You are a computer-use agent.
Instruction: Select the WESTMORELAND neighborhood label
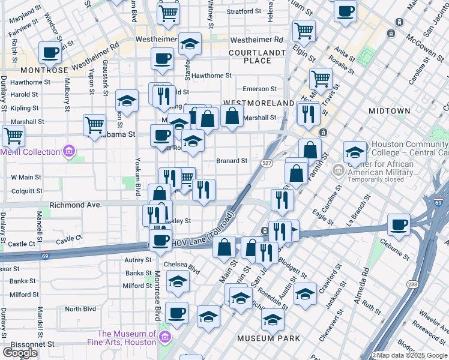258,103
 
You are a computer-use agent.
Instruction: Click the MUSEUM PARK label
268,338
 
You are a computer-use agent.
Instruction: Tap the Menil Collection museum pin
70,151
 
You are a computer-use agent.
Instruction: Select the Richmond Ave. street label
76,205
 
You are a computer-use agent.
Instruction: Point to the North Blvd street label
80,309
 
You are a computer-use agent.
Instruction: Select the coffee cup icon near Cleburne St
399,225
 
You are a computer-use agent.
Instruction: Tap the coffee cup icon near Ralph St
50,52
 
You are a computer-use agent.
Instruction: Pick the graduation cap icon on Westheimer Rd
190,43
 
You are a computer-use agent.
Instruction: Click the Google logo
20,353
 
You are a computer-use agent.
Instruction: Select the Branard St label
232,161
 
